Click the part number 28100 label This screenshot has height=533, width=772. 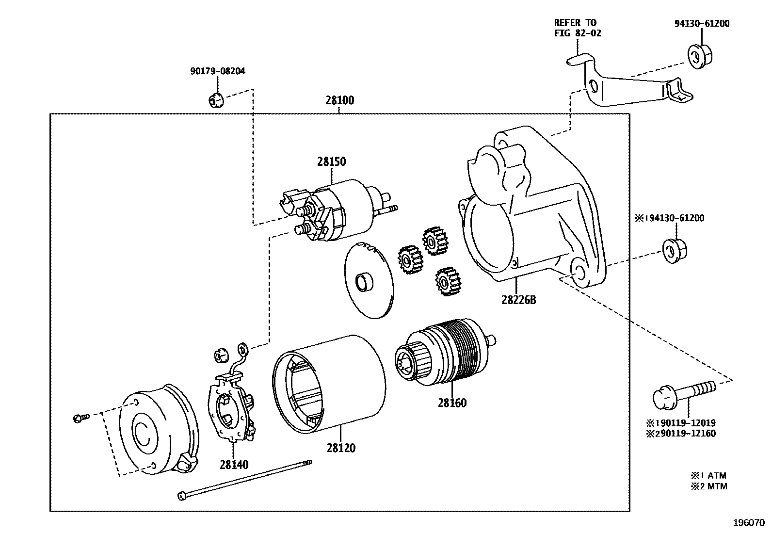coord(339,100)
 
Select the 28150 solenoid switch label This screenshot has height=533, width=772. coord(332,162)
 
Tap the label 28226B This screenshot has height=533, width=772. coord(518,300)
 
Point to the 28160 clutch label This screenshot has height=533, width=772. coord(452,403)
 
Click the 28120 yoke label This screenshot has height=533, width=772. coord(341,448)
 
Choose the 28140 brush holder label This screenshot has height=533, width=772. coord(234,465)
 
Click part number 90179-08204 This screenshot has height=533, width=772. coord(217,71)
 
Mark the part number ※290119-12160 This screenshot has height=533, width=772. coord(680,434)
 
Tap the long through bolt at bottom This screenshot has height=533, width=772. coord(245,480)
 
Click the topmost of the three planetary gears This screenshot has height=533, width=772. coord(434,240)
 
